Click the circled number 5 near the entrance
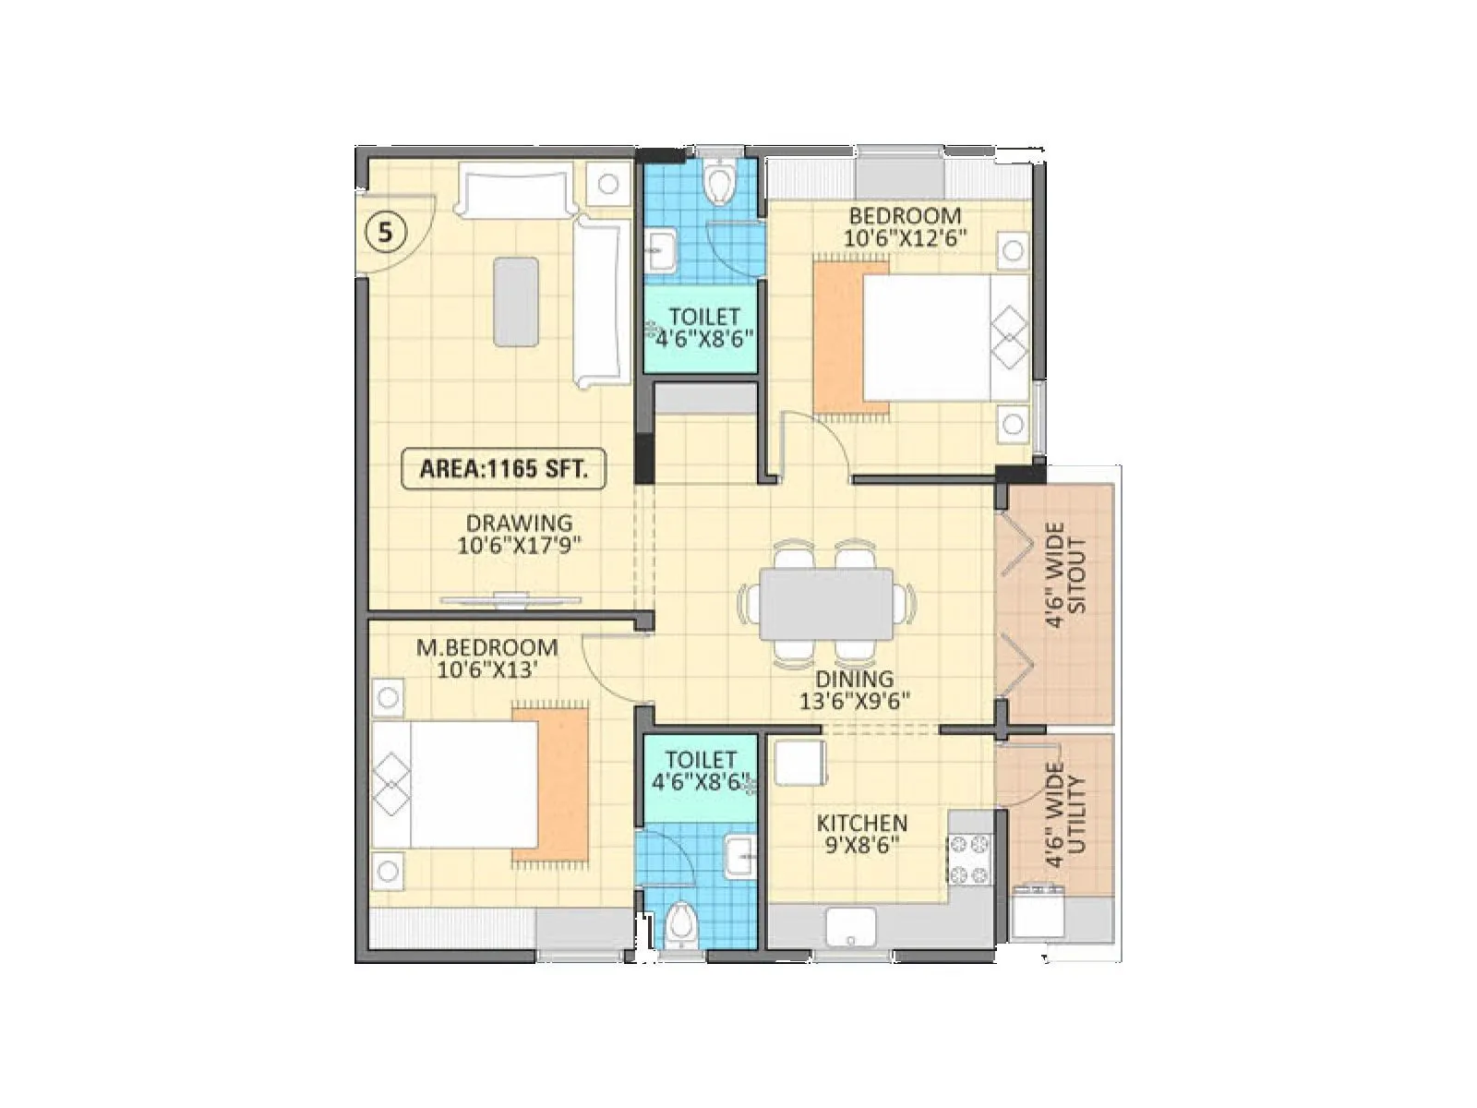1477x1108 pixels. click(386, 233)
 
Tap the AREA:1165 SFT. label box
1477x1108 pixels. click(503, 468)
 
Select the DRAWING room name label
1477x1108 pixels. click(519, 523)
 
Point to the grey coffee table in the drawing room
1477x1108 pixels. click(516, 302)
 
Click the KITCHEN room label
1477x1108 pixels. click(862, 822)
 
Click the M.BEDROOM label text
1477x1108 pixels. click(486, 647)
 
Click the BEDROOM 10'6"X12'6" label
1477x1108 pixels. click(905, 226)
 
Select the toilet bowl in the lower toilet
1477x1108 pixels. click(681, 923)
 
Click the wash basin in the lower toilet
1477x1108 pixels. click(741, 854)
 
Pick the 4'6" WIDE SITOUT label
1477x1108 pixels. click(1066, 575)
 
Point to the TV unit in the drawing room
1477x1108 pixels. click(510, 600)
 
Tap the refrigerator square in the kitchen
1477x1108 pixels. click(799, 763)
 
